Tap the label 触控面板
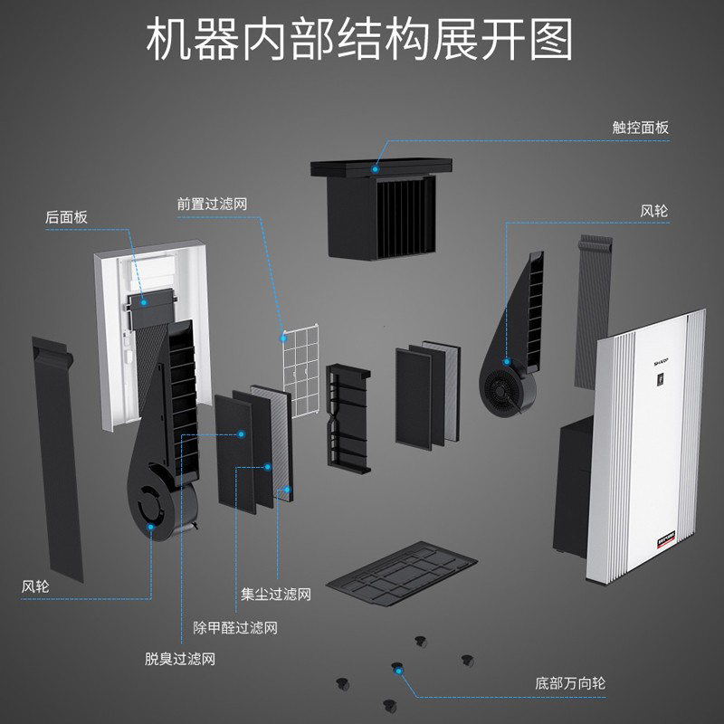(640, 128)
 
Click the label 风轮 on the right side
(653, 211)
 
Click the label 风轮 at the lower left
(35, 586)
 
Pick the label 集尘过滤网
(276, 595)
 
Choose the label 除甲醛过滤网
(235, 627)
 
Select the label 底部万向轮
(568, 682)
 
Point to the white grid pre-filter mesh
(301, 371)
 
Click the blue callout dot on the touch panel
(375, 167)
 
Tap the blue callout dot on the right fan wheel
(508, 362)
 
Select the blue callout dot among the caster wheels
(395, 667)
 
